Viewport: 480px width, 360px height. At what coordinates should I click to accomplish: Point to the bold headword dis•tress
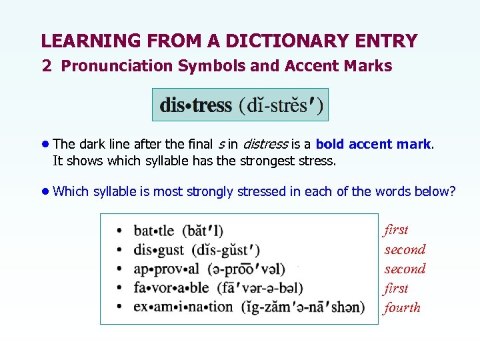(x=195, y=105)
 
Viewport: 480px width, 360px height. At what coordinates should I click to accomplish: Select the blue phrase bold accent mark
(x=373, y=144)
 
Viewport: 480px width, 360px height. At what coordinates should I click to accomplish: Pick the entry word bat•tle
(x=154, y=231)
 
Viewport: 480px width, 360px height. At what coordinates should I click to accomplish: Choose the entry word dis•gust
(x=159, y=251)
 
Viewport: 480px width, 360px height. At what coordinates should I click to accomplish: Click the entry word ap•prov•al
(x=166, y=269)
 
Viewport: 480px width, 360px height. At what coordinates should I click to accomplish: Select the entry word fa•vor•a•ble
(x=171, y=288)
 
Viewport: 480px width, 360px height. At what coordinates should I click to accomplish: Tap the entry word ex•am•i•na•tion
(x=183, y=307)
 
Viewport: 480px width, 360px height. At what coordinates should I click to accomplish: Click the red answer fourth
(x=402, y=307)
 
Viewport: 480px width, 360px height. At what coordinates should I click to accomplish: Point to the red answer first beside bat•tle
(x=396, y=230)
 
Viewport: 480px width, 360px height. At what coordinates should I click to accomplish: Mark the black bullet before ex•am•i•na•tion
(x=119, y=307)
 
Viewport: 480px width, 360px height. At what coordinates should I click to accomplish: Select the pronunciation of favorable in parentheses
(x=259, y=288)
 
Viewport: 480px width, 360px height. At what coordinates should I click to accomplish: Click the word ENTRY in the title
(x=387, y=41)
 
